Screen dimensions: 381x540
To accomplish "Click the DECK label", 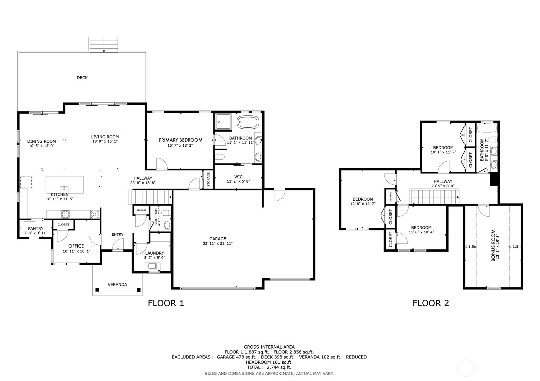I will [x=82, y=78].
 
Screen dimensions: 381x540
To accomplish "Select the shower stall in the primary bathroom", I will [x=223, y=122].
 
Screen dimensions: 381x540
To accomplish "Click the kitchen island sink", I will [x=64, y=189].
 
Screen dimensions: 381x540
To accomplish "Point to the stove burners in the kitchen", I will [x=66, y=214].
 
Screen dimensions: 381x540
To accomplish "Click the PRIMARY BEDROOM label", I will [x=180, y=140].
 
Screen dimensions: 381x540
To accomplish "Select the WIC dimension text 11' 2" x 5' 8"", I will [x=238, y=181].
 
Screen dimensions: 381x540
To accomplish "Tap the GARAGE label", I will [x=218, y=239].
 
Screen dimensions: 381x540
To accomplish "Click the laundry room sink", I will [x=152, y=266].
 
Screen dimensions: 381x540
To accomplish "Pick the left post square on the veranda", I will [x=97, y=290].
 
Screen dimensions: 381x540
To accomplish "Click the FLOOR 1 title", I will [x=166, y=303].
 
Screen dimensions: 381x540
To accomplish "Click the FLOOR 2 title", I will [x=430, y=303].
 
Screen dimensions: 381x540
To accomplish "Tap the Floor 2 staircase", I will [x=435, y=197].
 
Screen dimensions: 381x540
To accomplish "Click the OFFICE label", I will [x=76, y=246].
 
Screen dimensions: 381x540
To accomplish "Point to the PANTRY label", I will [x=35, y=228].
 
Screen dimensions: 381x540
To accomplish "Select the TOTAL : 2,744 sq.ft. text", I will [x=269, y=367].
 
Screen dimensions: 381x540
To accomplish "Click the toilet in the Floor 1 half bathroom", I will [x=167, y=225].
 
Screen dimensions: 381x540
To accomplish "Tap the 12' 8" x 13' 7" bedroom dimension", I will [x=363, y=204].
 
